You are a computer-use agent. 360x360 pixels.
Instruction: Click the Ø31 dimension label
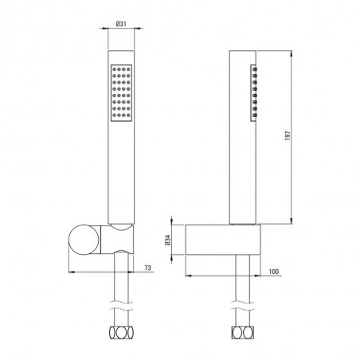121,24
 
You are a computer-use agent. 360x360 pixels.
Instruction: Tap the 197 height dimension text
288,135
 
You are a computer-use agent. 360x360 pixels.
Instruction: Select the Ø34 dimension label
168,240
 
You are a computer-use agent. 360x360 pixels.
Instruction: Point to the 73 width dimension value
148,268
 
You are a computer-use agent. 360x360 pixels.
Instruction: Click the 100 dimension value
274,272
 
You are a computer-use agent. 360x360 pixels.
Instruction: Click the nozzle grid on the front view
121,92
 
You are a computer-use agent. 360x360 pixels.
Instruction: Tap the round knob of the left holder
84,240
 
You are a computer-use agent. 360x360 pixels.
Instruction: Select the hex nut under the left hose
121,333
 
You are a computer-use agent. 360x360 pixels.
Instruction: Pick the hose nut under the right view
243,333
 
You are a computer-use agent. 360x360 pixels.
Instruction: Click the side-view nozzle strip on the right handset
254,92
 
